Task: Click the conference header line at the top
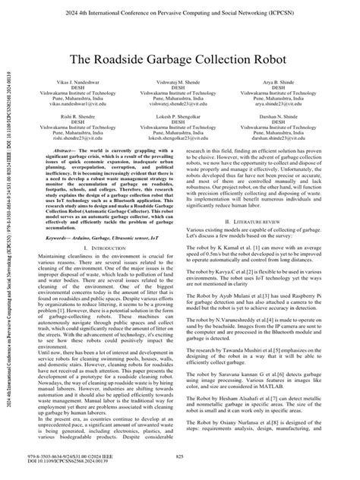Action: point(180,11)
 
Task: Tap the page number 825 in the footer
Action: point(180,457)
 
